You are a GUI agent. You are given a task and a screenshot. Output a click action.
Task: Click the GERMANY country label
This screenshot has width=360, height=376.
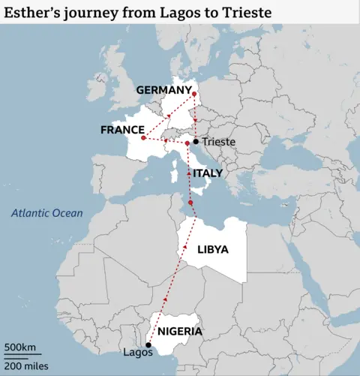163,90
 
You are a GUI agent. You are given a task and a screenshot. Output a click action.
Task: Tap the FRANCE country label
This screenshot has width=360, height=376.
121,130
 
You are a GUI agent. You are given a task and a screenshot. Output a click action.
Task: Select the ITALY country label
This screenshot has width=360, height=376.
207,173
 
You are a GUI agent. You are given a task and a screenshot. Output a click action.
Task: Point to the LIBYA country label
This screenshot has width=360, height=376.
212,249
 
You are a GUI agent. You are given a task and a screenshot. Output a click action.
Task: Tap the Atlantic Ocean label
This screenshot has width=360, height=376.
46,213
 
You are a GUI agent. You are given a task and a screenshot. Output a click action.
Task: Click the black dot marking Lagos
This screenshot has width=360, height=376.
148,345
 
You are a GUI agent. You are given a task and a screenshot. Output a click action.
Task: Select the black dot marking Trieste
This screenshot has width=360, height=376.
196,141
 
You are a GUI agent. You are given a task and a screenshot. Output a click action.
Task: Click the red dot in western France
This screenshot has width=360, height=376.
142,138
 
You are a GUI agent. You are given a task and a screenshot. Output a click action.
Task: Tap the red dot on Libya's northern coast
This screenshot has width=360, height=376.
191,203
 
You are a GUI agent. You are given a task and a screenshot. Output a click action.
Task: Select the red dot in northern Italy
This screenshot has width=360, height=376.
187,143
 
